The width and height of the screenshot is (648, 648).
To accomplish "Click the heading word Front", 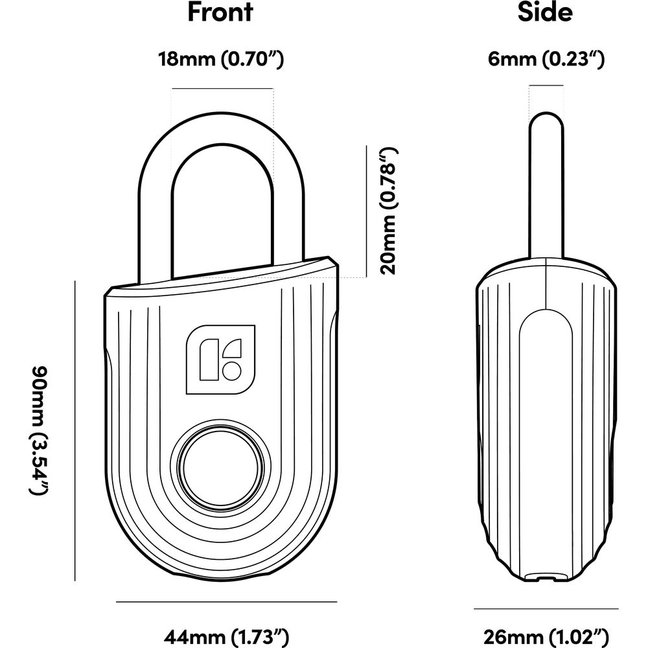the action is click(220, 12).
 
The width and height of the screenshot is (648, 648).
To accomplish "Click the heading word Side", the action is click(545, 12).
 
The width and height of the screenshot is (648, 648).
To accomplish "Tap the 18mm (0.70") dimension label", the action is click(221, 60).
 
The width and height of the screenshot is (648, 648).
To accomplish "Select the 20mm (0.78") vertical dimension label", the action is click(389, 211).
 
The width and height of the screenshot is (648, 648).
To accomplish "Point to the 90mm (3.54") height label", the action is click(40, 430).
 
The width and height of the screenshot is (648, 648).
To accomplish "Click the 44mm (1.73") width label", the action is click(226, 637).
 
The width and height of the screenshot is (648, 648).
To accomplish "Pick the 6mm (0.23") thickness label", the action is click(546, 60).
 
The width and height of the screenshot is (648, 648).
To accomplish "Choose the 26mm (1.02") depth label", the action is click(546, 637).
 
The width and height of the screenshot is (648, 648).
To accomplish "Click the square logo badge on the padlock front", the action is click(221, 360).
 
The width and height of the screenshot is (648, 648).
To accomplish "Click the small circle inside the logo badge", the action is click(231, 370).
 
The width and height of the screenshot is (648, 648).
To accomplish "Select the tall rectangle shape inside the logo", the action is click(209, 359).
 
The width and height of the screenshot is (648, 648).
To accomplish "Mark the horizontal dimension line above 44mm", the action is click(226, 602).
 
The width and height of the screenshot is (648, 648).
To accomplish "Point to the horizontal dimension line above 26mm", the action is click(546, 608).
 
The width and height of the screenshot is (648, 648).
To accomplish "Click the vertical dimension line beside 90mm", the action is click(75, 431).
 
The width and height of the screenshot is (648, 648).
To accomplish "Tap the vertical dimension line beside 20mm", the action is click(367, 211).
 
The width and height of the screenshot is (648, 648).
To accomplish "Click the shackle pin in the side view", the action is click(546, 185).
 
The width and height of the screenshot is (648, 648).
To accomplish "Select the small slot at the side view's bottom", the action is click(546, 577).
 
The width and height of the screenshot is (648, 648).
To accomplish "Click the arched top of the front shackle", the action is click(222, 129).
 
